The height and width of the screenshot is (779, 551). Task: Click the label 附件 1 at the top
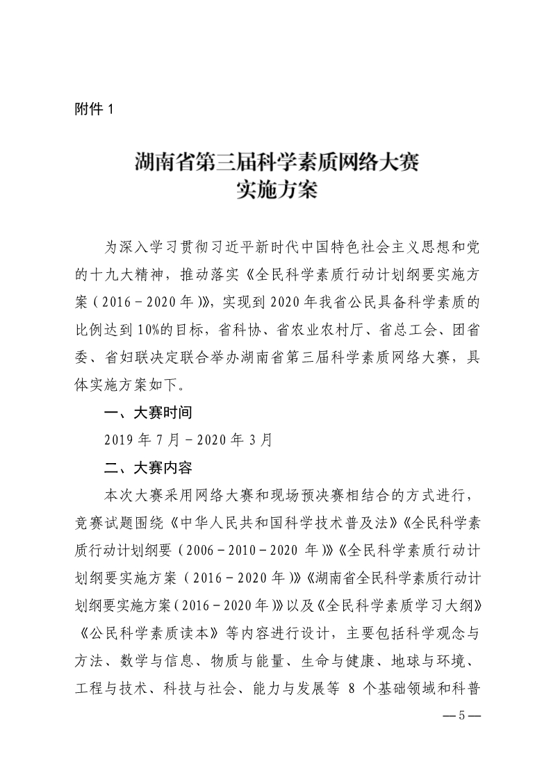click(x=92, y=110)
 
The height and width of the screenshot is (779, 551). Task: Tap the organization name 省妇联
click(x=135, y=358)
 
